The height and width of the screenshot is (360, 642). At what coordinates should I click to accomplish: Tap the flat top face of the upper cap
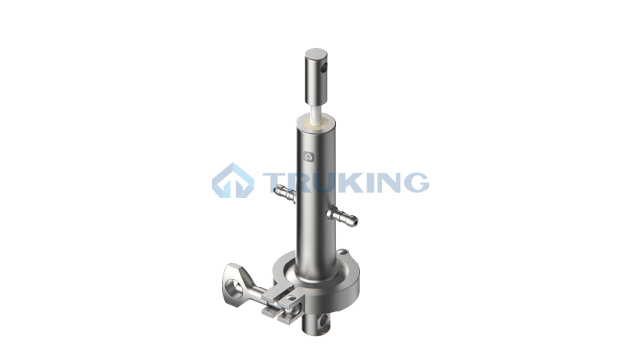316,54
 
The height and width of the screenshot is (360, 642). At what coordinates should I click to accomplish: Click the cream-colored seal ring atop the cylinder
316,123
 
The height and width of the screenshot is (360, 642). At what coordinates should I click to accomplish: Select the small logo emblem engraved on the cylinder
309,156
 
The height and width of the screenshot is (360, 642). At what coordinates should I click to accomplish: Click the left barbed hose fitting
285,193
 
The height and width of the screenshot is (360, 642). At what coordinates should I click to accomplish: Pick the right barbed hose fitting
342,216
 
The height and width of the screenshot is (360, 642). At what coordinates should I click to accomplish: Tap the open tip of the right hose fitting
355,222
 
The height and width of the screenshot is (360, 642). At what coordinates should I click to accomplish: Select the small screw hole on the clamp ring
342,251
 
